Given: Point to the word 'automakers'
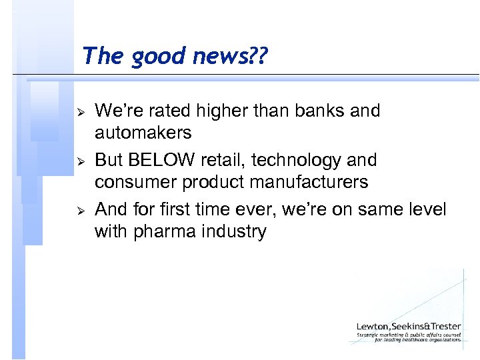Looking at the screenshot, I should coord(143,133).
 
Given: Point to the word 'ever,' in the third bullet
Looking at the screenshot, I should coord(256,210).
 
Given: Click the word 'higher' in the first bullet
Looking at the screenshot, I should coord(216,110).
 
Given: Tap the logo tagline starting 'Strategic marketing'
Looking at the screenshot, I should coord(408,335).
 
